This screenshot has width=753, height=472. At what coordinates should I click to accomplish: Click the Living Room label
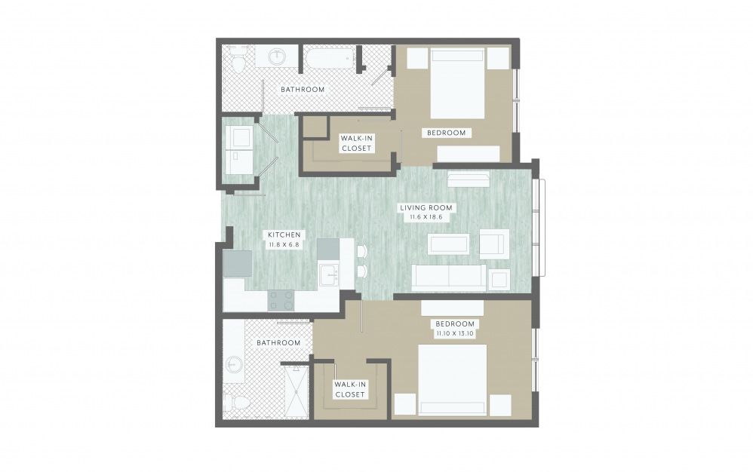pyautogui.click(x=426, y=207)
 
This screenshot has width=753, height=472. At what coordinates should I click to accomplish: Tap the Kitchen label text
pyautogui.click(x=284, y=234)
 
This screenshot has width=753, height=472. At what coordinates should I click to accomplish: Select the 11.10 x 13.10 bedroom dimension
pyautogui.click(x=455, y=333)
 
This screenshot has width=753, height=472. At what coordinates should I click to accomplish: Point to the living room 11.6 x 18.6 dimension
pyautogui.click(x=426, y=217)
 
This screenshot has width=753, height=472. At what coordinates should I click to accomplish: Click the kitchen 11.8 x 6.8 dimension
pyautogui.click(x=284, y=244)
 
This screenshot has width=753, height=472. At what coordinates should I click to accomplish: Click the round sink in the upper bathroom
pyautogui.click(x=277, y=57)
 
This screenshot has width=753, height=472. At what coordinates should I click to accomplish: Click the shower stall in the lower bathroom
pyautogui.click(x=294, y=389)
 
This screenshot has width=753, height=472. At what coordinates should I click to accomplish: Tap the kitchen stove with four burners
pyautogui.click(x=281, y=300)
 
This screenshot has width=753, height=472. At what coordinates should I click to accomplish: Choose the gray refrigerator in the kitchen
pyautogui.click(x=237, y=264)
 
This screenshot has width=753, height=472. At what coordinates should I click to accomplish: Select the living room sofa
pyautogui.click(x=449, y=277)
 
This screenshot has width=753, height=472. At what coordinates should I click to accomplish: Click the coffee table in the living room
pyautogui.click(x=449, y=244)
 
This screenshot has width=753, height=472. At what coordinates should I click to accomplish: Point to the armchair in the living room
pyautogui.click(x=494, y=244)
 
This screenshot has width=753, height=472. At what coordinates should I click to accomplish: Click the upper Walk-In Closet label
pyautogui.click(x=356, y=143)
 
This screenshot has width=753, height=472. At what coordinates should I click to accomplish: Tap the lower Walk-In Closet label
pyautogui.click(x=350, y=389)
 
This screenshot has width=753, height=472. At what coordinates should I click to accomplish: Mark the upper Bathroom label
pyautogui.click(x=303, y=89)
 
